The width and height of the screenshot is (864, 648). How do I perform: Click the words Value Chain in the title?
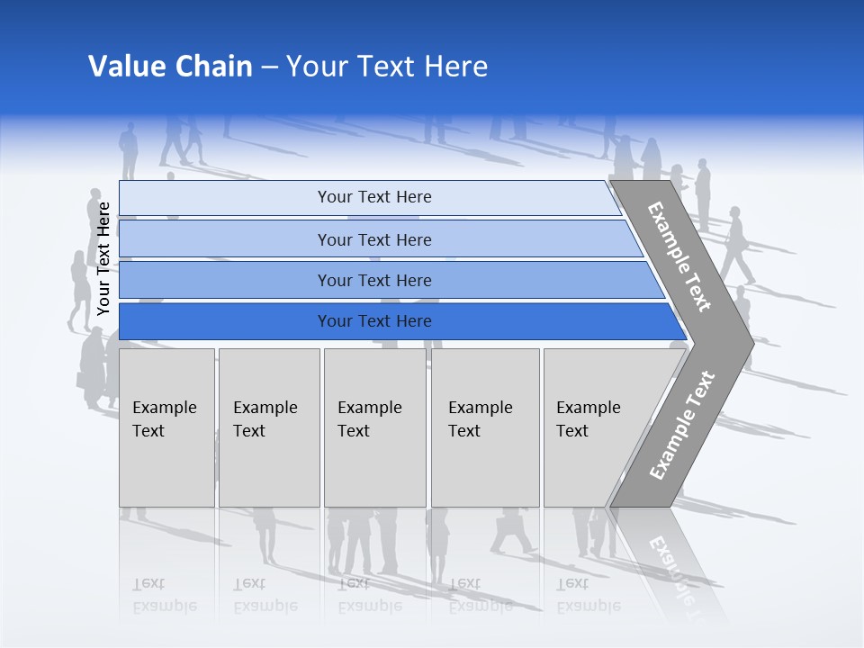pyautogui.click(x=170, y=67)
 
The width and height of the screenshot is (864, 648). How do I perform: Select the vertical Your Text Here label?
pyautogui.click(x=103, y=258)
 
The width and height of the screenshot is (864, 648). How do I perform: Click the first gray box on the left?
pyautogui.click(x=166, y=427)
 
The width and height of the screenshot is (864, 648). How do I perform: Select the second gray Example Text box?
pyautogui.click(x=268, y=427)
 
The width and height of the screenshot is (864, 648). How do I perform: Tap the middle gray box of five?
pyautogui.click(x=374, y=427)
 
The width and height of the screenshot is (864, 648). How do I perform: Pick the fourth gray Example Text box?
pyautogui.click(x=484, y=427)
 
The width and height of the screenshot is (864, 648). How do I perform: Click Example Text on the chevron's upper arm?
pyautogui.click(x=679, y=256)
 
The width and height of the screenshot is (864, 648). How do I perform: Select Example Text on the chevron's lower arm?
pyautogui.click(x=681, y=425)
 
